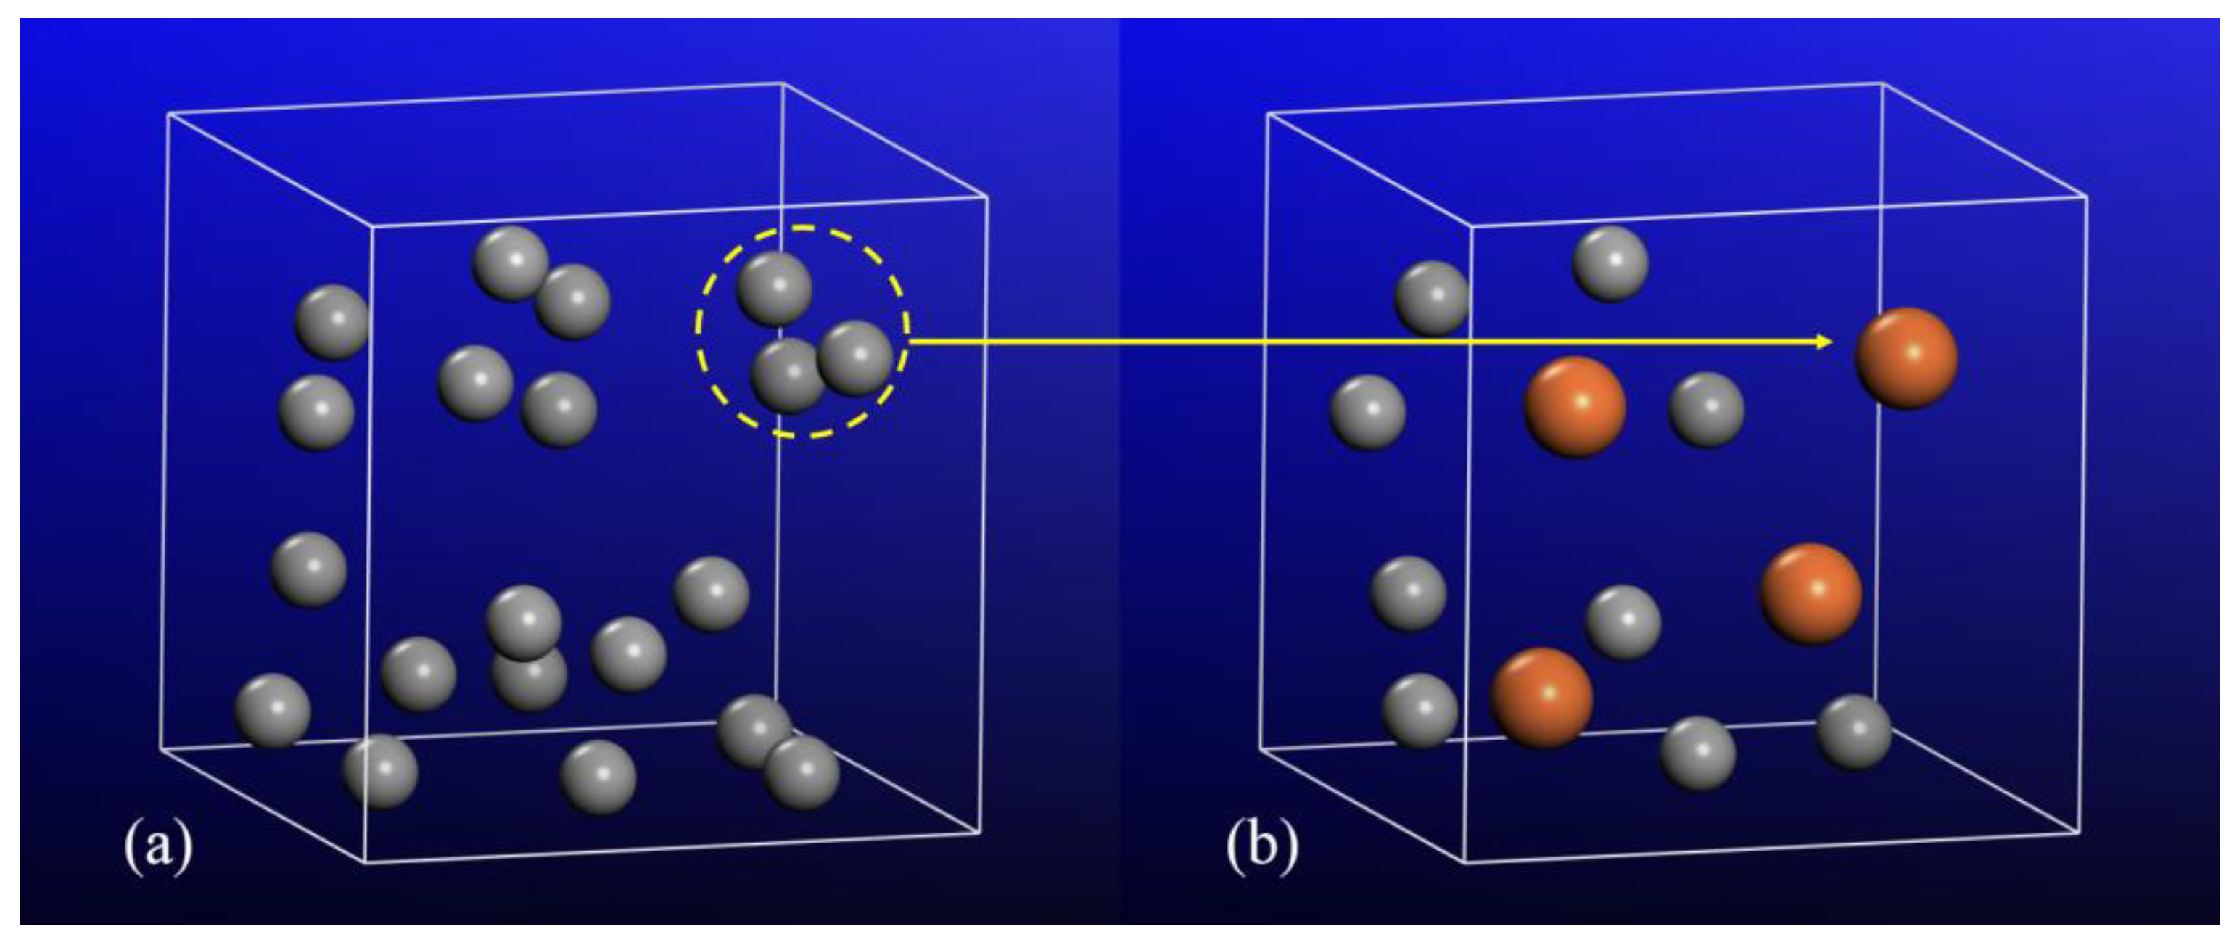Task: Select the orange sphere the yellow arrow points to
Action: (x=1906, y=358)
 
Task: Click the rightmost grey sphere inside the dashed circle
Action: (x=855, y=358)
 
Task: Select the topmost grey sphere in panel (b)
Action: (x=1610, y=263)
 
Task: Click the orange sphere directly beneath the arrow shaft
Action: (x=1575, y=405)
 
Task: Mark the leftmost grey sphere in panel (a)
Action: (x=273, y=711)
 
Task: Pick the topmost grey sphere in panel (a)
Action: (x=511, y=263)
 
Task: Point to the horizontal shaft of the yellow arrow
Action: (x=1303, y=342)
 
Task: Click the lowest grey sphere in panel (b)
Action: (x=1698, y=752)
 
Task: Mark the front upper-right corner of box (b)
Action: (x=2086, y=197)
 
